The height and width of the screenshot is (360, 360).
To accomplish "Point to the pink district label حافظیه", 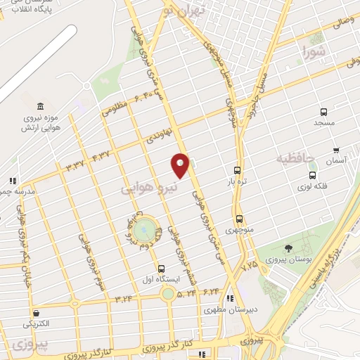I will click(x=297, y=156).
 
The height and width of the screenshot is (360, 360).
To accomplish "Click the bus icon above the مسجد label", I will click(x=323, y=112).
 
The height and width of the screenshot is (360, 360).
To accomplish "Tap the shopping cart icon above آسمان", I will click(x=337, y=150).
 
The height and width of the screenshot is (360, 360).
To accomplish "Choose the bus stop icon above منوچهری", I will click(x=240, y=219).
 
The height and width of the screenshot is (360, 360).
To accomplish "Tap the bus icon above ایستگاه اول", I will click(x=162, y=269).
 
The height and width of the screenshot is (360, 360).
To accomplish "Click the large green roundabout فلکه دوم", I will click(x=143, y=229).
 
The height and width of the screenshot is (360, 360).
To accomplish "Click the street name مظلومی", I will click(x=116, y=109).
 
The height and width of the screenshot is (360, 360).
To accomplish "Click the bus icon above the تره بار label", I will click(x=238, y=170).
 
